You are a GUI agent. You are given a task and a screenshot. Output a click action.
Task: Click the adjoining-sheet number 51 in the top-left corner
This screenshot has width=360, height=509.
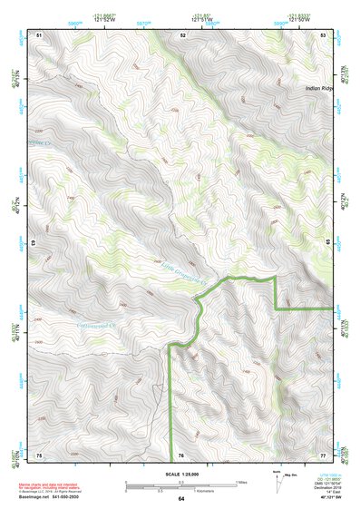tap(39, 34)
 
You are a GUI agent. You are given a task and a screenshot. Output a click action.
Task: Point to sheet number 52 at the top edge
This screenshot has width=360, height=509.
tap(183, 34)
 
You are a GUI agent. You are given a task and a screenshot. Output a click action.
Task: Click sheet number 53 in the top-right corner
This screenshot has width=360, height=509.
tap(324, 34)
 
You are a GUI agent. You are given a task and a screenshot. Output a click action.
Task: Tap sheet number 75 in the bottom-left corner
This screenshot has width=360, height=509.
tap(39, 455)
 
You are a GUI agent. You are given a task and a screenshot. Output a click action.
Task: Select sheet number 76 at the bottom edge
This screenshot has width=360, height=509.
tap(181, 455)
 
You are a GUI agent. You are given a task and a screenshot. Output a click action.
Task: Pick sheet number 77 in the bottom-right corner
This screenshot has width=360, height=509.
tap(324, 455)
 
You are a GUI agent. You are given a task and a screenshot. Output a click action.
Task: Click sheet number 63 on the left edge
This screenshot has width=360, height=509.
tap(35, 244)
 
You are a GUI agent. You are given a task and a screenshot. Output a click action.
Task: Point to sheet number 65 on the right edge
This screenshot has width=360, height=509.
tap(327, 244)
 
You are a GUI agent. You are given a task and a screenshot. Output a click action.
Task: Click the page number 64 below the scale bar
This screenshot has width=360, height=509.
tap(181, 499)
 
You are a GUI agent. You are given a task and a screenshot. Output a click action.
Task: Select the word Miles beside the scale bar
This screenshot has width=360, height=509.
tap(240, 482)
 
